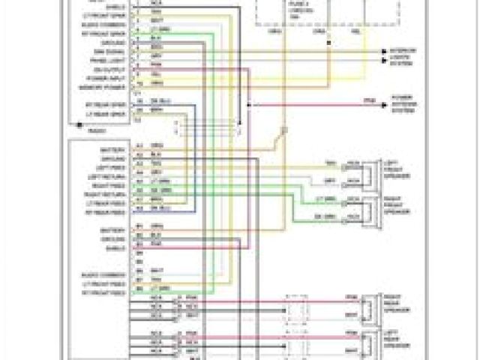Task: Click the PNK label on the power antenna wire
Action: pos(367,100)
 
